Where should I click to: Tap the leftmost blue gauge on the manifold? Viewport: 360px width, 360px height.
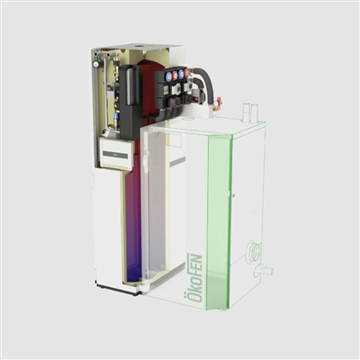(169, 76)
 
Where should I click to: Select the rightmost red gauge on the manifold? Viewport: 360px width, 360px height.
(186, 72)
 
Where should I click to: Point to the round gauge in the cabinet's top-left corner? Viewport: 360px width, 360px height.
(95, 64)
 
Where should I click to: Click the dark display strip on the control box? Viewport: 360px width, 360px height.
(114, 154)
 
